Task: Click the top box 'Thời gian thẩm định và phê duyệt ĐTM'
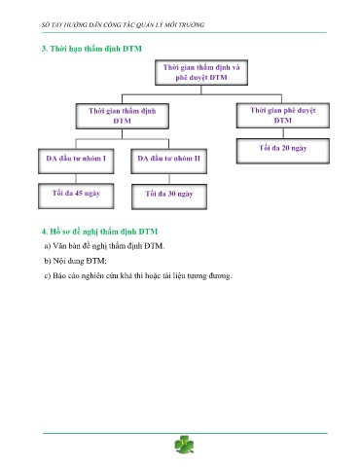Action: [201, 73]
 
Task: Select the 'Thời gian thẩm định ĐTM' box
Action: [123, 116]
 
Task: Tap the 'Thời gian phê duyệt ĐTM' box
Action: [283, 116]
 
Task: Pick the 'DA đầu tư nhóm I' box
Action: [76, 162]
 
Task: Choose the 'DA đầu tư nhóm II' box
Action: [168, 162]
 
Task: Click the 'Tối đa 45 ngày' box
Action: [76, 196]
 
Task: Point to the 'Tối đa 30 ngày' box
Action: [169, 197]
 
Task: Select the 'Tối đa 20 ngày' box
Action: [283, 151]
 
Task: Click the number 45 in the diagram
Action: [79, 193]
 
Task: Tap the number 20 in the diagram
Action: [286, 148]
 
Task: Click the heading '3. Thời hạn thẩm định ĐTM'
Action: [91, 49]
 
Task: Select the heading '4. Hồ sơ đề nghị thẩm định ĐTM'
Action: [99, 232]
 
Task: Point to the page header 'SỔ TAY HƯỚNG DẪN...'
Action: [123, 24]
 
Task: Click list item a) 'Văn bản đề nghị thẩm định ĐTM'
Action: [104, 246]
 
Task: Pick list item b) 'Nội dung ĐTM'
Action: [75, 261]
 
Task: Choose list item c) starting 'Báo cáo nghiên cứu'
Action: [138, 275]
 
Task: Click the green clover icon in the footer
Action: [184, 445]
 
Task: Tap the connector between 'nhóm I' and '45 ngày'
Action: [76, 179]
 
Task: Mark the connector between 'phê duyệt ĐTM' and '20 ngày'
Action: [283, 133]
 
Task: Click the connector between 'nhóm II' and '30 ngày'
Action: [169, 179]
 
